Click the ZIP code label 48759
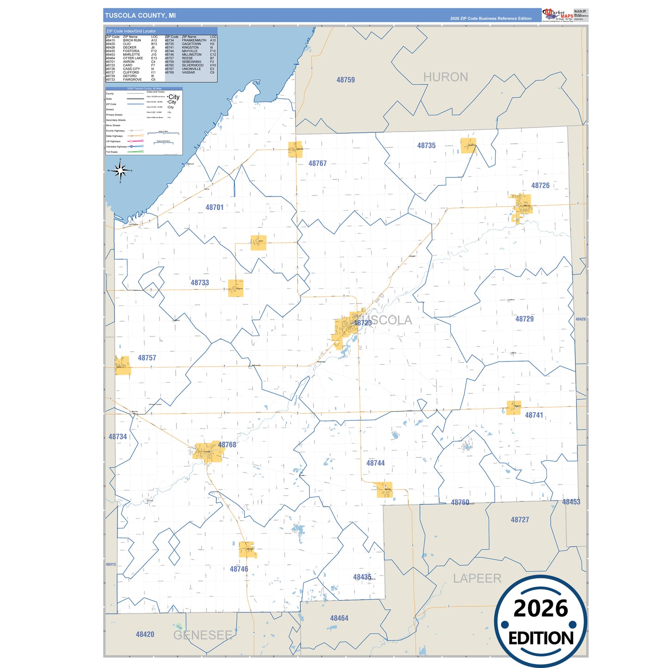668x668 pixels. pyautogui.click(x=345, y=80)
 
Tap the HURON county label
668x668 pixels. pyautogui.click(x=446, y=77)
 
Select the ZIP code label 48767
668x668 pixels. pyautogui.click(x=318, y=163)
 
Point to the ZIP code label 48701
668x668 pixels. pyautogui.click(x=214, y=208)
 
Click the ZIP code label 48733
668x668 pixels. pyautogui.click(x=200, y=282)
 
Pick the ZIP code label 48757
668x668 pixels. pyautogui.click(x=147, y=358)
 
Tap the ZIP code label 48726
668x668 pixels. pyautogui.click(x=540, y=185)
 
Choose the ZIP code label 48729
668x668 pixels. pyautogui.click(x=524, y=319)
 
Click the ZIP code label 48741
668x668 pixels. pyautogui.click(x=534, y=415)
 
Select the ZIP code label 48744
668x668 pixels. pyautogui.click(x=375, y=463)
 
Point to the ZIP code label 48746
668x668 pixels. pyautogui.click(x=239, y=569)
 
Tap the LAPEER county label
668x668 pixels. pyautogui.click(x=477, y=578)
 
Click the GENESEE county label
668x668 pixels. pyautogui.click(x=202, y=635)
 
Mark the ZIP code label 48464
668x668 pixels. pyautogui.click(x=339, y=618)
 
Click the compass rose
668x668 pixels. pyautogui.click(x=121, y=171)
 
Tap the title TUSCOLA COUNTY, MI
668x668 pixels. pyautogui.click(x=141, y=15)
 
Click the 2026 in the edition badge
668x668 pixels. pyautogui.click(x=540, y=608)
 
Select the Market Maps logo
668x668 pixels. pyautogui.click(x=558, y=14)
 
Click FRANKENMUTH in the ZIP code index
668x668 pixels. pyautogui.click(x=194, y=40)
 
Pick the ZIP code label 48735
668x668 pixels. pyautogui.click(x=426, y=146)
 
